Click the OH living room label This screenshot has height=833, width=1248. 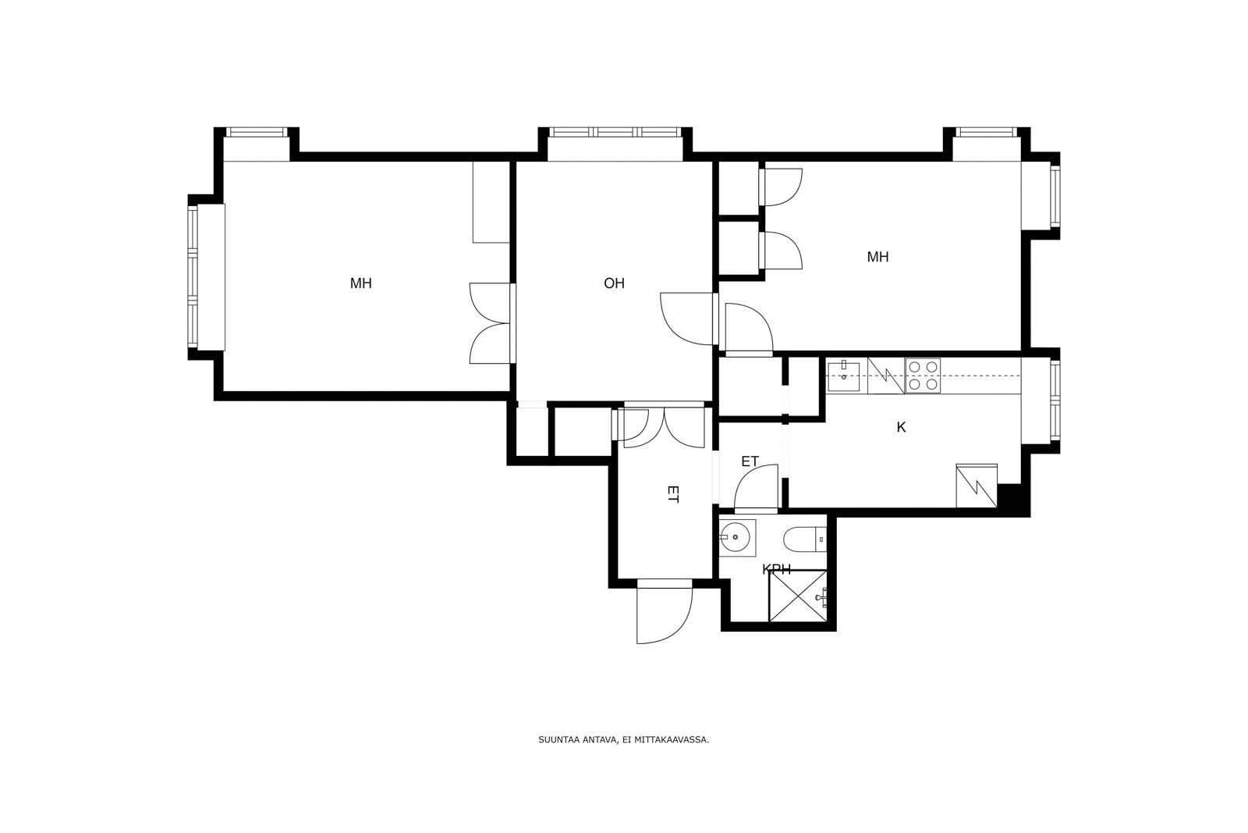614,283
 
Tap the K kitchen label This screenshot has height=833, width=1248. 901,427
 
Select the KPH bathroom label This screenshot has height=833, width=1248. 776,569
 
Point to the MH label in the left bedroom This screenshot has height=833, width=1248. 360,283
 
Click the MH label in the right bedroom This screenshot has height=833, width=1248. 877,257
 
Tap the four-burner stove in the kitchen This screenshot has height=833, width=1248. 923,376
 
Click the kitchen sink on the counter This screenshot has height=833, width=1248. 843,376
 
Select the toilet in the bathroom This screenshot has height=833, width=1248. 804,539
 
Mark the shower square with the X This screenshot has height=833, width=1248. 798,596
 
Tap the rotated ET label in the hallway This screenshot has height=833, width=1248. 672,494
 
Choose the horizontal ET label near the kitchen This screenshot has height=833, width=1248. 750,461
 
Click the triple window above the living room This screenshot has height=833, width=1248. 615,132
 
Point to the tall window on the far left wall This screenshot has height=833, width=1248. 193,277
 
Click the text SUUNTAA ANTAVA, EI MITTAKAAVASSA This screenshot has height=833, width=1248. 623,740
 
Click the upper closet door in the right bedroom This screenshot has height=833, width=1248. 781,187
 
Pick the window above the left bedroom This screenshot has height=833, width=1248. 257,132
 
